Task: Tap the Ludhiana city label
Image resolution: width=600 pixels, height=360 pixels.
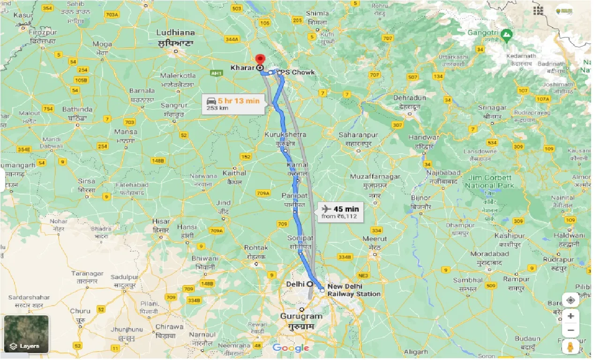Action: pyautogui.click(x=176, y=33)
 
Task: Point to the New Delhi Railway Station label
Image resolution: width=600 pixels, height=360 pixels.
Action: pyautogui.click(x=353, y=290)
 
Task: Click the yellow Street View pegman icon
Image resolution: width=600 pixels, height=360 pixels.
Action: pyautogui.click(x=570, y=347)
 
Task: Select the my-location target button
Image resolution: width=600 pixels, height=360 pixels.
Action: pyautogui.click(x=570, y=300)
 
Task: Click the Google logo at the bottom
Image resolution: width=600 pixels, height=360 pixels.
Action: pyautogui.click(x=291, y=348)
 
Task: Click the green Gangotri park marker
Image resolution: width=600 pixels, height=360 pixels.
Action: pyautogui.click(x=506, y=34)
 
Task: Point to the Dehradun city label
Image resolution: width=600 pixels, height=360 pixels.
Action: pyautogui.click(x=409, y=98)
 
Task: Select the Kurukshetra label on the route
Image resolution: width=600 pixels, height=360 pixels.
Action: pyautogui.click(x=285, y=135)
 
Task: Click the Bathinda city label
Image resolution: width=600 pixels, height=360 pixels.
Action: pyautogui.click(x=77, y=110)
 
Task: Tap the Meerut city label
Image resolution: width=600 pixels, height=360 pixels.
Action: pyautogui.click(x=375, y=239)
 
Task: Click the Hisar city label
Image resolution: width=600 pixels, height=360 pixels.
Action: pyautogui.click(x=162, y=222)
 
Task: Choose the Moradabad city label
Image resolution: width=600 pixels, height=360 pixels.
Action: pyautogui.click(x=490, y=254)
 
